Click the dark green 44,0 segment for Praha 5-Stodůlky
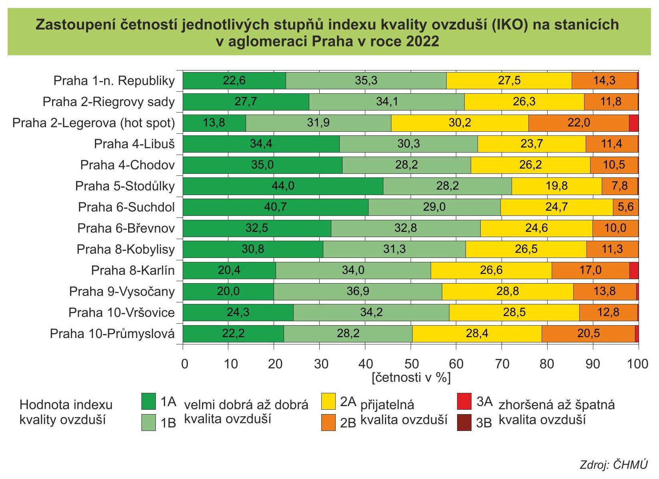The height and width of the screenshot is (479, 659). click(283, 186)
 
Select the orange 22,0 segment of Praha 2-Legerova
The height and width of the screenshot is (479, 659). click(578, 123)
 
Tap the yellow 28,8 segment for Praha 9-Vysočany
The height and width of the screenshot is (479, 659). click(507, 291)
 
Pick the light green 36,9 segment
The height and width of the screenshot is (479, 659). click(358, 291)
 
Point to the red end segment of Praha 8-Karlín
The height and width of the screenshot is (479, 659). click(634, 270)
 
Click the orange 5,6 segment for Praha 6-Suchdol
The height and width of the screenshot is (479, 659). click(625, 207)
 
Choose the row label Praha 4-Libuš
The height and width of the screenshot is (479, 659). click(134, 144)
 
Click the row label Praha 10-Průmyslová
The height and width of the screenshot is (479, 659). click(112, 334)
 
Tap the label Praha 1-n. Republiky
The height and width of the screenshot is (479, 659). click(114, 81)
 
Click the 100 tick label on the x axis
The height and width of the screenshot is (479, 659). click(637, 364)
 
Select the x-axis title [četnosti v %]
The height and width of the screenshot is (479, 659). click(411, 378)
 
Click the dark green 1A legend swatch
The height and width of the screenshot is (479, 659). click(149, 402)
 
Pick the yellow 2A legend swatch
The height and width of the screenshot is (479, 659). click(328, 402)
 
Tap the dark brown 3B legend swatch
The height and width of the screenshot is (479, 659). click(464, 423)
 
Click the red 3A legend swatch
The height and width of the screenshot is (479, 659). click(464, 402)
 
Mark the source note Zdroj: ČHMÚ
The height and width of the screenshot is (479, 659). click(613, 465)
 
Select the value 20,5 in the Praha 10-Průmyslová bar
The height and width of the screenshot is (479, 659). click(588, 334)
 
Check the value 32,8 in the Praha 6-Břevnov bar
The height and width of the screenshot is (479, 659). click(405, 228)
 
